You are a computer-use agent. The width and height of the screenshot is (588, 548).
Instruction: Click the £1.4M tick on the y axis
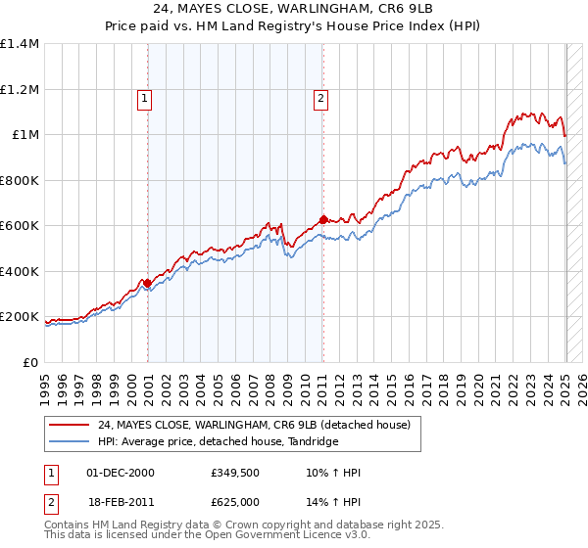pos(20,44)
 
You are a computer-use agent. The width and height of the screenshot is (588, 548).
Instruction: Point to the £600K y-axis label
pos(20,226)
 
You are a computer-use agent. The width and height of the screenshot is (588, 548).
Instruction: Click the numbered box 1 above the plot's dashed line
pos(144,97)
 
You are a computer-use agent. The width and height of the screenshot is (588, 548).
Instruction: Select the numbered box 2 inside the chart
pos(320,97)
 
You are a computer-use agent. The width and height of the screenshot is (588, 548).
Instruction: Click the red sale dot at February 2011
pos(322,220)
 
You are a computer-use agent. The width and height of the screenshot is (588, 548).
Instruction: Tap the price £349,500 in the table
pos(233,473)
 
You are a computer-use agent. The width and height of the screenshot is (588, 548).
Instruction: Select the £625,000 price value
pos(233,504)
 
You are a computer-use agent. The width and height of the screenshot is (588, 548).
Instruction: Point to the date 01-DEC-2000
pos(121,473)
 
